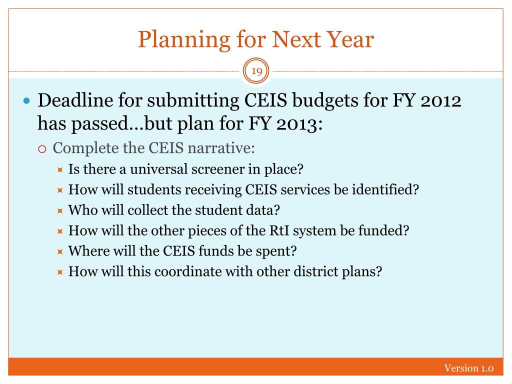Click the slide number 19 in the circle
[256, 71]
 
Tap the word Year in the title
[350, 39]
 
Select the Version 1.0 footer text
[468, 368]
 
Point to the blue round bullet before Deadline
[27, 100]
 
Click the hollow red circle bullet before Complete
[42, 149]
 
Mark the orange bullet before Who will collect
[60, 211]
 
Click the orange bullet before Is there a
[60, 170]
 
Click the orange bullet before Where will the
[60, 252]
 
